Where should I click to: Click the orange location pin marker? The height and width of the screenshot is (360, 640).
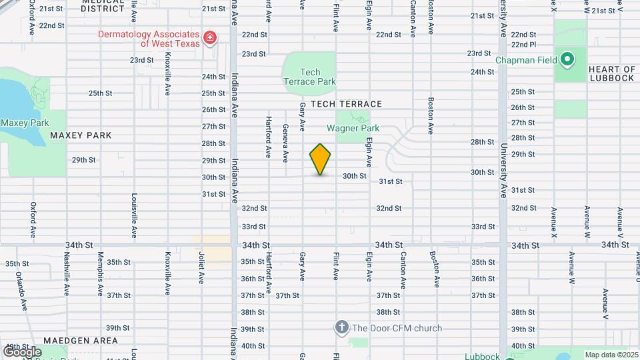(321, 159)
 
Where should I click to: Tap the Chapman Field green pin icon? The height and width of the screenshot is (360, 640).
(567, 61)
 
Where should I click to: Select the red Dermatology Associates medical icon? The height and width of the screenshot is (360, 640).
(211, 38)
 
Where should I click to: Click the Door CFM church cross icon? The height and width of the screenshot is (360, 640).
(341, 327)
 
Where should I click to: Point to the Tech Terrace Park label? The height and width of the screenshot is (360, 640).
(309, 77)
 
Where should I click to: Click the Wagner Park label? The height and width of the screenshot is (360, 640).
(353, 128)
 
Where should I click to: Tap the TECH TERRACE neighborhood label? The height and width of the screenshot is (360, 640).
(345, 104)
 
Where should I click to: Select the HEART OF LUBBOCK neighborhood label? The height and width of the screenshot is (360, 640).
(612, 73)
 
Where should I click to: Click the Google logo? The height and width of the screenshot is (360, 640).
(23, 352)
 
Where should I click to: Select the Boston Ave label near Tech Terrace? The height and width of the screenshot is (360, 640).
(431, 117)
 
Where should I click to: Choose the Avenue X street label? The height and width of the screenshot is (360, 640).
(553, 223)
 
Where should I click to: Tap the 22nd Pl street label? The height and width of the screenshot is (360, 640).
(523, 45)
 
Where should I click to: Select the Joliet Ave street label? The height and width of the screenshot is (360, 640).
(201, 267)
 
